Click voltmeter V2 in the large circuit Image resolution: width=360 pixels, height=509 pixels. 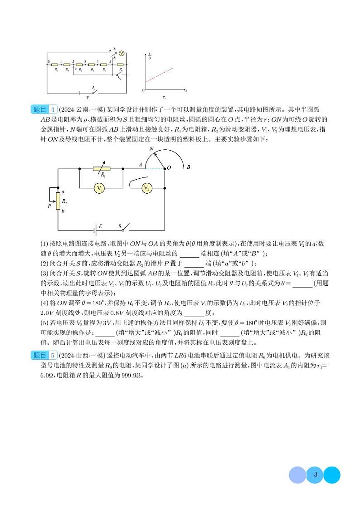[x=146, y=188]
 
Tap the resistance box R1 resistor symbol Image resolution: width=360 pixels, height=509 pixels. [x=102, y=169]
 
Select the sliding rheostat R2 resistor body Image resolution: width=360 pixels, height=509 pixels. [x=58, y=201]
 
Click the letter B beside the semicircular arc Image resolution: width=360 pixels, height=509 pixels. [x=188, y=167]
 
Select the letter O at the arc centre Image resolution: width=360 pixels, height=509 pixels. [x=169, y=167]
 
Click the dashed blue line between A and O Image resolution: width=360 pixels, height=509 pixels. [x=154, y=169]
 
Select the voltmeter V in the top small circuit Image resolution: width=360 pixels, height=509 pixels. [x=122, y=53]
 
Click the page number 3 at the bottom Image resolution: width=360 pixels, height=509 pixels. [x=315, y=475]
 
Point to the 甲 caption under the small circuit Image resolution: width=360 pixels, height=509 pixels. [x=88, y=97]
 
